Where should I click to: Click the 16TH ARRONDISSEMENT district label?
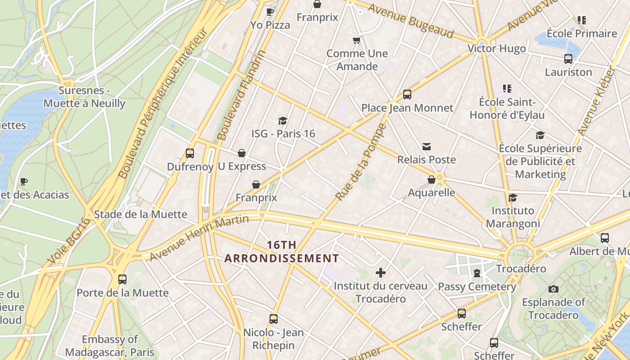point(281,252)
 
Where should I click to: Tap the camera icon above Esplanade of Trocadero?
point(553,289)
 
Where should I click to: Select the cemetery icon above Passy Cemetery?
point(477,273)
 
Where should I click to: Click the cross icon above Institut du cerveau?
point(381,273)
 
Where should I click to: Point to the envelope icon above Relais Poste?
point(427,147)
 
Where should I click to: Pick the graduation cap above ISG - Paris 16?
point(283,121)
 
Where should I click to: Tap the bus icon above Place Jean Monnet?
point(407,94)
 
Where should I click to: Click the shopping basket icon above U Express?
point(242,153)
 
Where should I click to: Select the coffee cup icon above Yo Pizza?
point(270,12)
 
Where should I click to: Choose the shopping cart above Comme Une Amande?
point(357,40)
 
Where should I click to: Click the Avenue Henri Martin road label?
point(199,238)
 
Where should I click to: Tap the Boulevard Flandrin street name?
point(241,95)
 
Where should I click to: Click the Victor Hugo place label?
point(496,49)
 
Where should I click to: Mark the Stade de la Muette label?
point(140,214)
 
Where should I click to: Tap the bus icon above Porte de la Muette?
point(122,279)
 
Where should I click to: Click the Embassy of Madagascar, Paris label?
point(110,346)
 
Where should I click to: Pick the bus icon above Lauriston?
point(568,59)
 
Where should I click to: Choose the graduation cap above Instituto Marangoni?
point(513,198)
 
